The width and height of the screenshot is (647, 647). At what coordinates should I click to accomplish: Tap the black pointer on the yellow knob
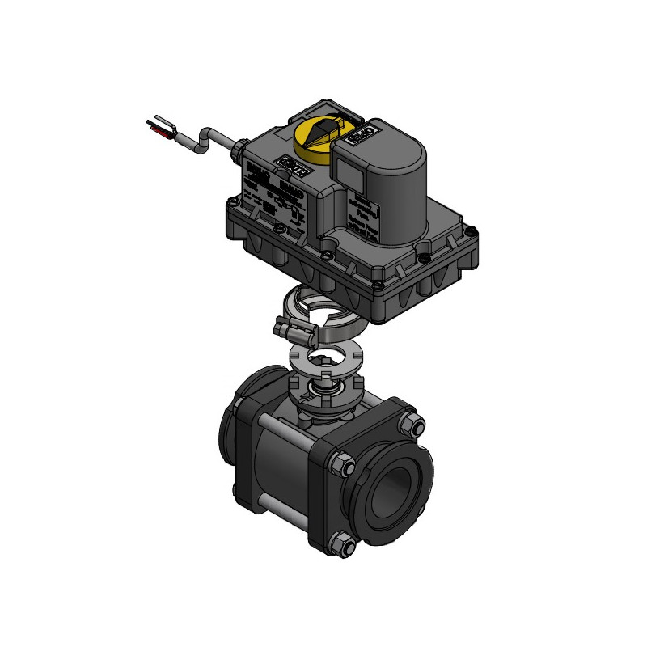tap(321, 130)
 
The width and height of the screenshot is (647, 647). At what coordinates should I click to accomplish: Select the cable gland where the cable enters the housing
tap(237, 148)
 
